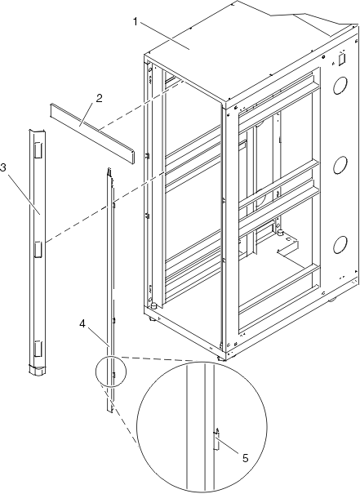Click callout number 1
point(136,22)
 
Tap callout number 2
point(99,98)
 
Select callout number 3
point(3,167)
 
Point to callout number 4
point(82,324)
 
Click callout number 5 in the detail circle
point(246,458)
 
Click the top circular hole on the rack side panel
point(340,85)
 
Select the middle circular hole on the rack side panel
point(340,165)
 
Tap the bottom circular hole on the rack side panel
point(340,244)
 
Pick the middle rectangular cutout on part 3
point(38,250)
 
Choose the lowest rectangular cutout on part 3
point(38,349)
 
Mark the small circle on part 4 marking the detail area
point(110,371)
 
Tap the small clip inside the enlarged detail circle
point(216,439)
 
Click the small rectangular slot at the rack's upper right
point(341,60)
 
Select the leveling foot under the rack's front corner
point(220,358)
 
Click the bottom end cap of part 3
point(38,370)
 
